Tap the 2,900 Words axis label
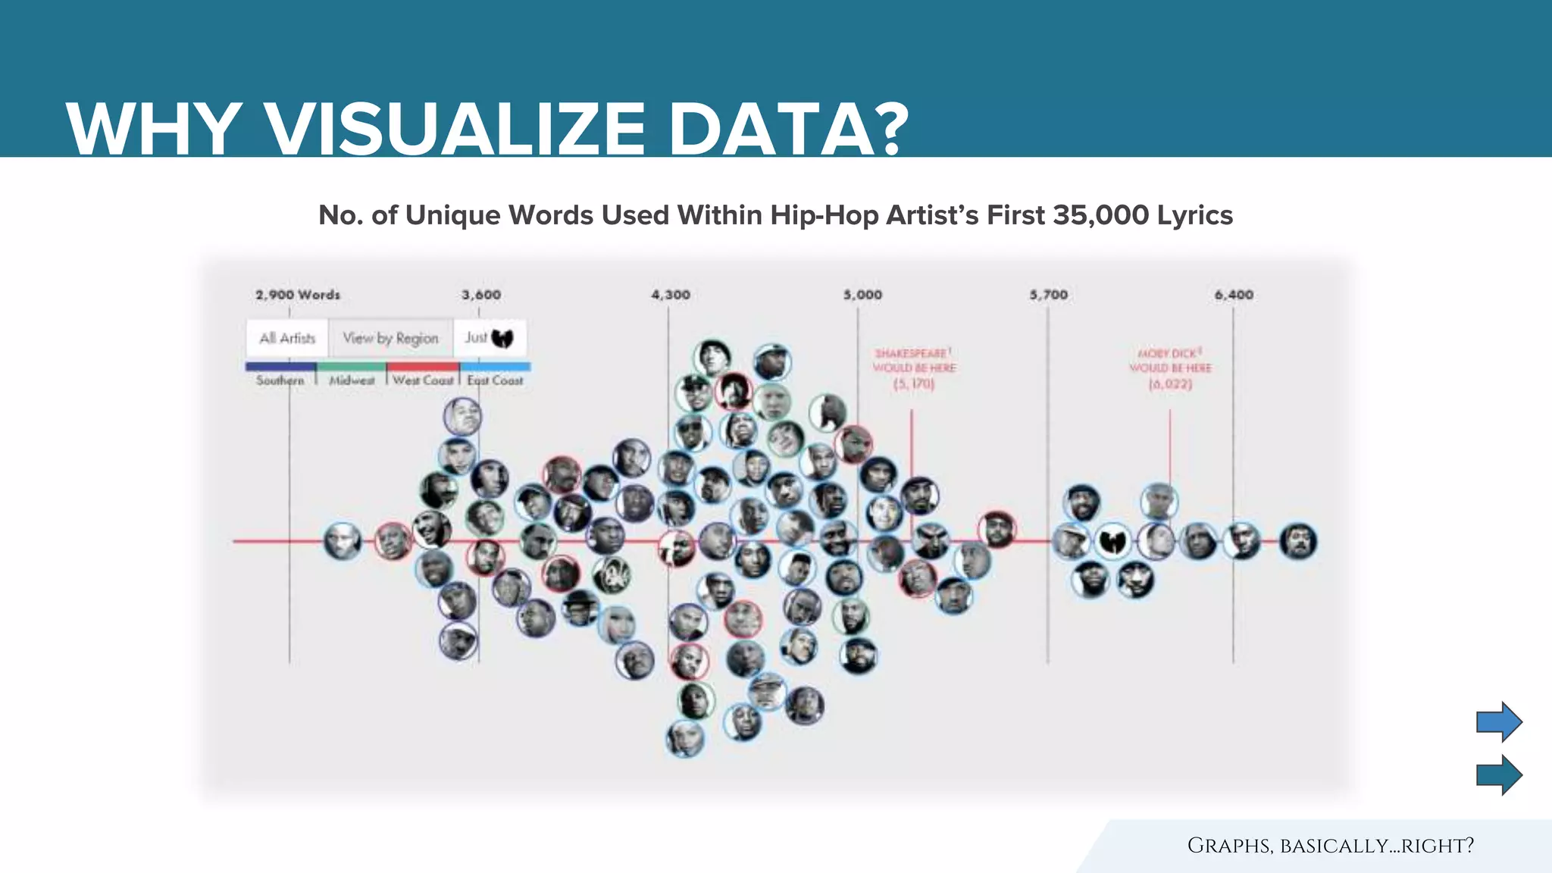tap(298, 295)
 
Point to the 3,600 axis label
tap(481, 295)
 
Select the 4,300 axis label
tap(671, 295)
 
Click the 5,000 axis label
tap(862, 295)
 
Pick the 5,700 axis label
tap(1048, 295)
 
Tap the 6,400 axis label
tap(1234, 295)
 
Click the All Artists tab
tap(287, 338)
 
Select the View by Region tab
tap(390, 338)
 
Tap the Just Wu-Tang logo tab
tap(490, 338)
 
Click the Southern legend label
tap(280, 380)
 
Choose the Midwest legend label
tap(352, 380)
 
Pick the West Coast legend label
tap(423, 380)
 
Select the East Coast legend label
tap(495, 380)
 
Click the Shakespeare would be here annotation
tap(914, 368)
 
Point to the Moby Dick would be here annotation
tap(1170, 368)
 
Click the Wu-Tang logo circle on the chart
tap(1113, 541)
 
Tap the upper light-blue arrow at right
tap(1498, 721)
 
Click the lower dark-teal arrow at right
tap(1498, 774)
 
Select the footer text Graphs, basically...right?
tap(1330, 846)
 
